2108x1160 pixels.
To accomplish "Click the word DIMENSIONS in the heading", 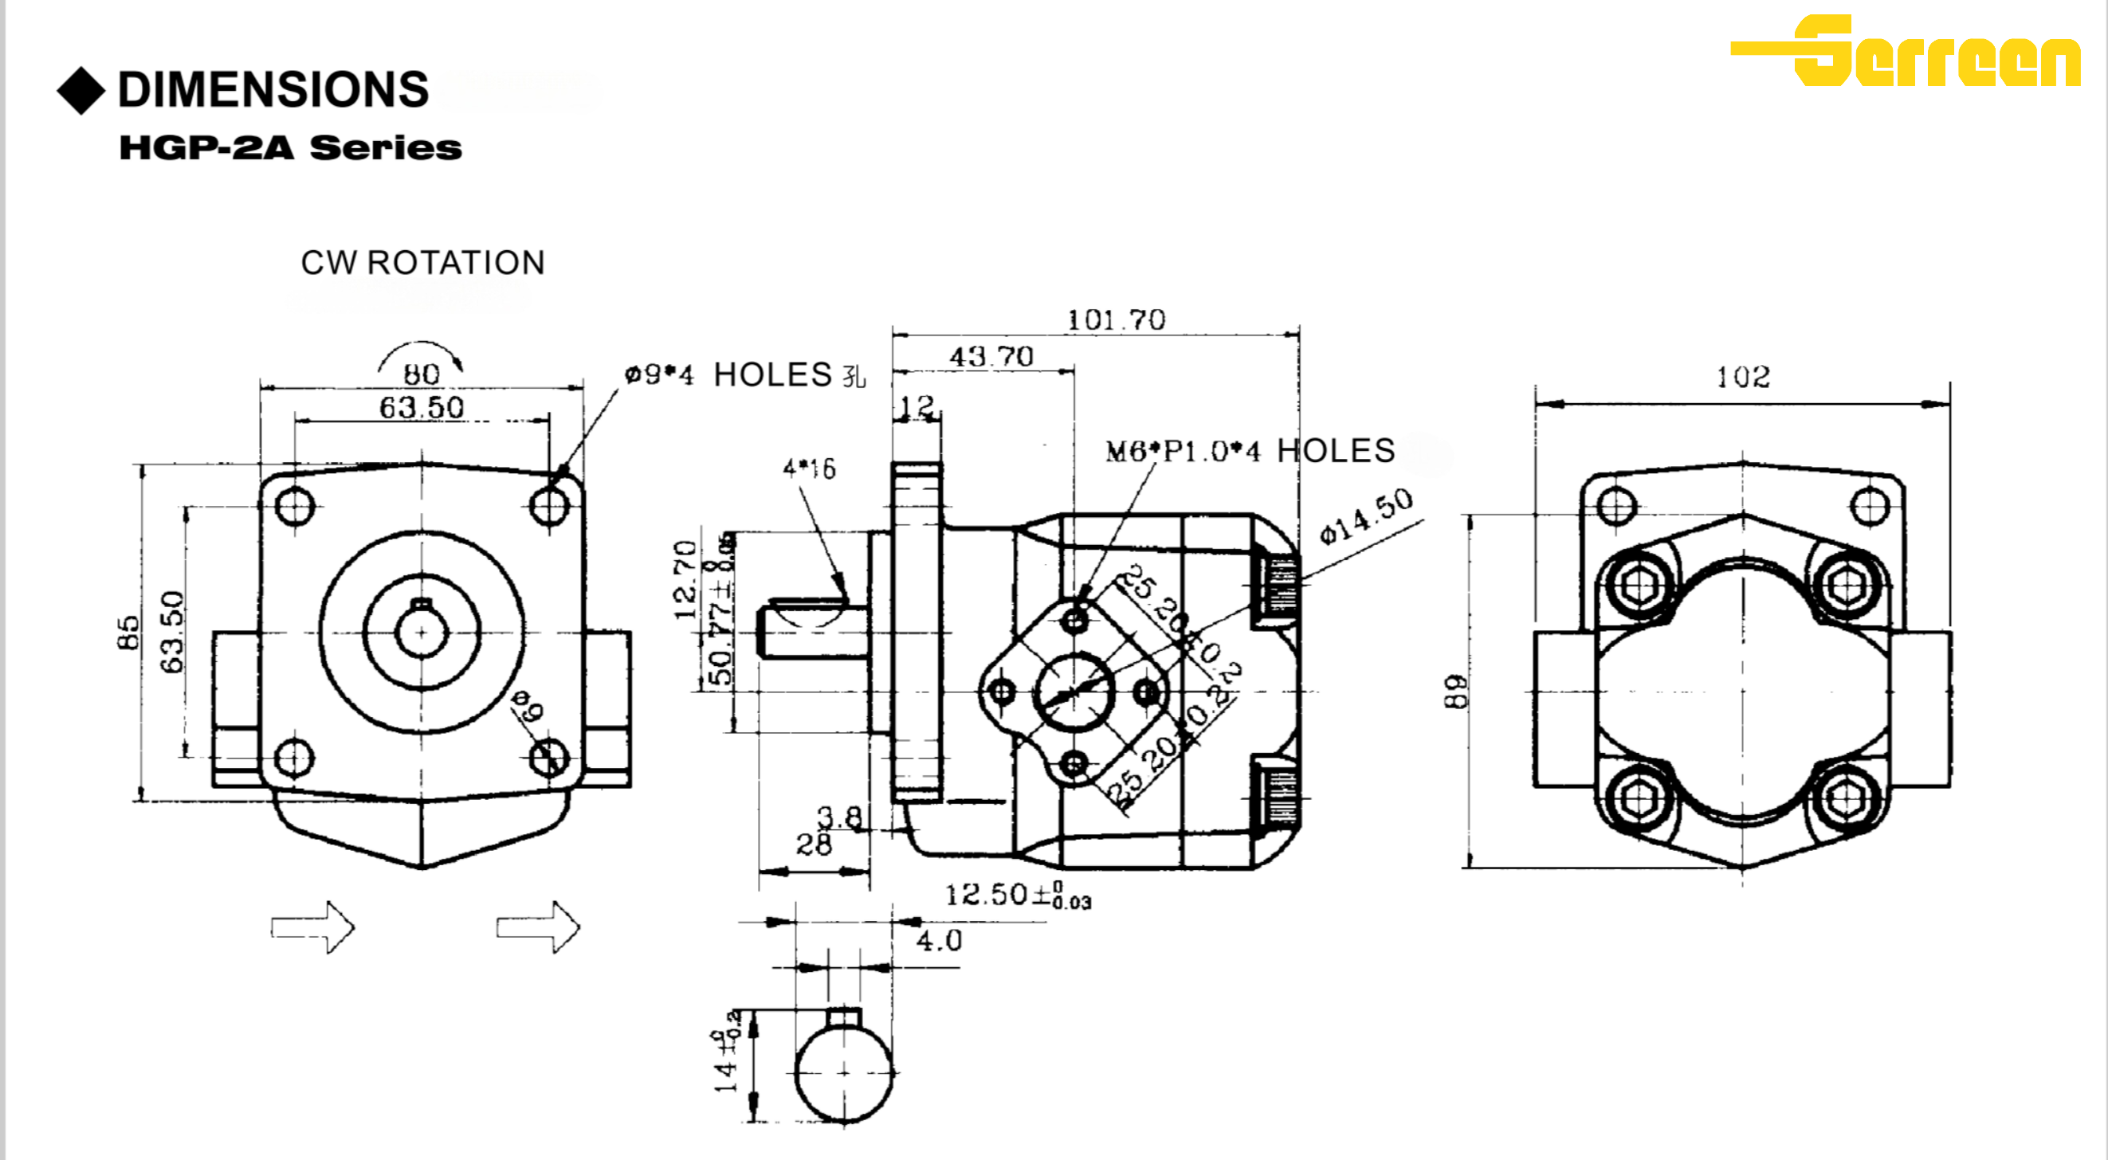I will pyautogui.click(x=273, y=89).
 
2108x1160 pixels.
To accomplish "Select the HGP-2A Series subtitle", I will pyautogui.click(x=291, y=148).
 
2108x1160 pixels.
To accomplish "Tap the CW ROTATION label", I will pyautogui.click(x=422, y=263).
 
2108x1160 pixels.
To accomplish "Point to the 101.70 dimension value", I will pyautogui.click(x=1117, y=319).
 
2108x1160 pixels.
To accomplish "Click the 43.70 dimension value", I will pyautogui.click(x=991, y=357).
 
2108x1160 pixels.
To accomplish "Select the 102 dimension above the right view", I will pyautogui.click(x=1742, y=377).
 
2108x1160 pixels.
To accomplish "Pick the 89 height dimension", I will pyautogui.click(x=1456, y=692).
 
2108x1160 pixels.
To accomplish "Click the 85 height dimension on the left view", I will pyautogui.click(x=128, y=633).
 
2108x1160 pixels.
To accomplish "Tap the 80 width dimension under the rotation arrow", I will pyautogui.click(x=422, y=374).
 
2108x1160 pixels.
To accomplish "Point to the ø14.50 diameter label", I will pyautogui.click(x=1366, y=515).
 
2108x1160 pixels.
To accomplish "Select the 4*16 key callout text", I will pyautogui.click(x=808, y=468).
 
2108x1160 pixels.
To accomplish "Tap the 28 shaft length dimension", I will pyautogui.click(x=814, y=845).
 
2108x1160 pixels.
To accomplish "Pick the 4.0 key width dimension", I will pyautogui.click(x=939, y=941).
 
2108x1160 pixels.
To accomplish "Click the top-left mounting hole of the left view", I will pyautogui.click(x=295, y=507).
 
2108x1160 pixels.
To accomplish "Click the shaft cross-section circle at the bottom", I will pyautogui.click(x=844, y=1072).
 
